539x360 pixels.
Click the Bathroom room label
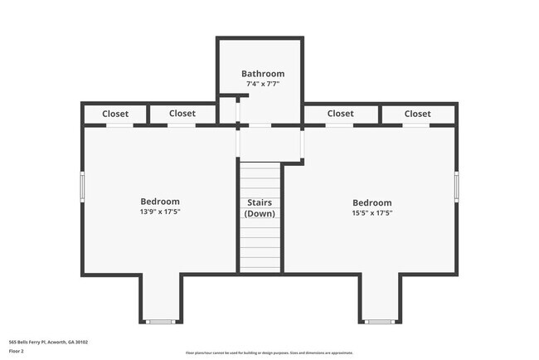[263, 74]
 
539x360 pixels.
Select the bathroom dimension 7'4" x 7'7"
[263, 84]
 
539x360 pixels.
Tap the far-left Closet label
[115, 114]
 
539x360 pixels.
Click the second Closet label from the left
[182, 114]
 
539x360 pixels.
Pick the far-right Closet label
[418, 114]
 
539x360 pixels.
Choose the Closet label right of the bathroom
[340, 114]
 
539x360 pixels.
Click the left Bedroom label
[160, 202]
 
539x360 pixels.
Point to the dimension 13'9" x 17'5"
[160, 212]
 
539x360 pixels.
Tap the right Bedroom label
[372, 202]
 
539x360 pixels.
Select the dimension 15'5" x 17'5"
[372, 213]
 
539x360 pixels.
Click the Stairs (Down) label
[260, 207]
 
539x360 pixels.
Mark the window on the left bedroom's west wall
[82, 185]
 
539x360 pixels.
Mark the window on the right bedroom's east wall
[456, 185]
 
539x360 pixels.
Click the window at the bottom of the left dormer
[160, 321]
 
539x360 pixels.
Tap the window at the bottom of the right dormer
[380, 321]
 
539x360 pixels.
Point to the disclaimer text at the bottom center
[269, 353]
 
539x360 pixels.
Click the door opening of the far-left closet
[119, 125]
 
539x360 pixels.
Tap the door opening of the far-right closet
[415, 125]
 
